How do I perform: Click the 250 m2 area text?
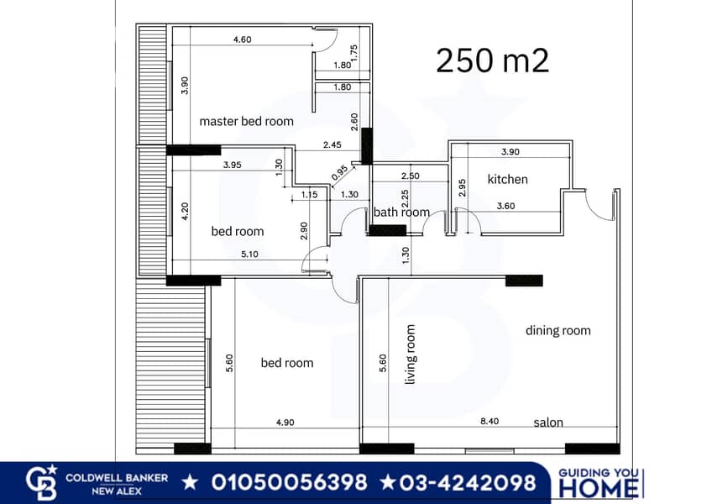point(492,60)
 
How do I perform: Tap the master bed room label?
point(247,121)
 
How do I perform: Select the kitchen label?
point(508,179)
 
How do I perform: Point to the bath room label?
point(401,213)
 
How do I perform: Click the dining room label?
point(558,330)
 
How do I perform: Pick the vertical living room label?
point(410,354)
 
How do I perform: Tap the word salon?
point(548,423)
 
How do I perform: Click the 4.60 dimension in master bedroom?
point(243,39)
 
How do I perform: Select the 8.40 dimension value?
point(489,422)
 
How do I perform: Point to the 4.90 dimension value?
point(285,423)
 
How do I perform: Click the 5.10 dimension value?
point(249,254)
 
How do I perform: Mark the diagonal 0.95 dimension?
point(340,173)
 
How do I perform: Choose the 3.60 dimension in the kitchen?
point(505,206)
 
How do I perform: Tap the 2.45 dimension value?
point(332,145)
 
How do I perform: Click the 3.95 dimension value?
point(233,165)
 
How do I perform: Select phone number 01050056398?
point(289,482)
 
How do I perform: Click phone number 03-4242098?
point(468,482)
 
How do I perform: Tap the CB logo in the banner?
point(41,482)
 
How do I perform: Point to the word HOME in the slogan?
point(598,488)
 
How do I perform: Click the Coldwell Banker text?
point(117,478)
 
